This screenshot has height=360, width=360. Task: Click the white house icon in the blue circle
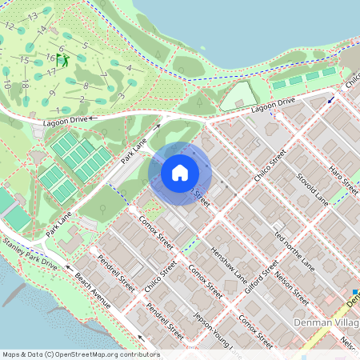point(180,173)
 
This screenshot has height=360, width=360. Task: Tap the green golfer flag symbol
point(63,59)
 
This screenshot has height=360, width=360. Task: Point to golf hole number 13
point(32,16)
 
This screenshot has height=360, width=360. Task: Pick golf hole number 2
point(82,99)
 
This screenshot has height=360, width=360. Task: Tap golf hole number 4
point(129,68)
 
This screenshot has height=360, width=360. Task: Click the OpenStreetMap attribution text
point(80,354)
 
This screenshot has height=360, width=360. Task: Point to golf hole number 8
point(85,85)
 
